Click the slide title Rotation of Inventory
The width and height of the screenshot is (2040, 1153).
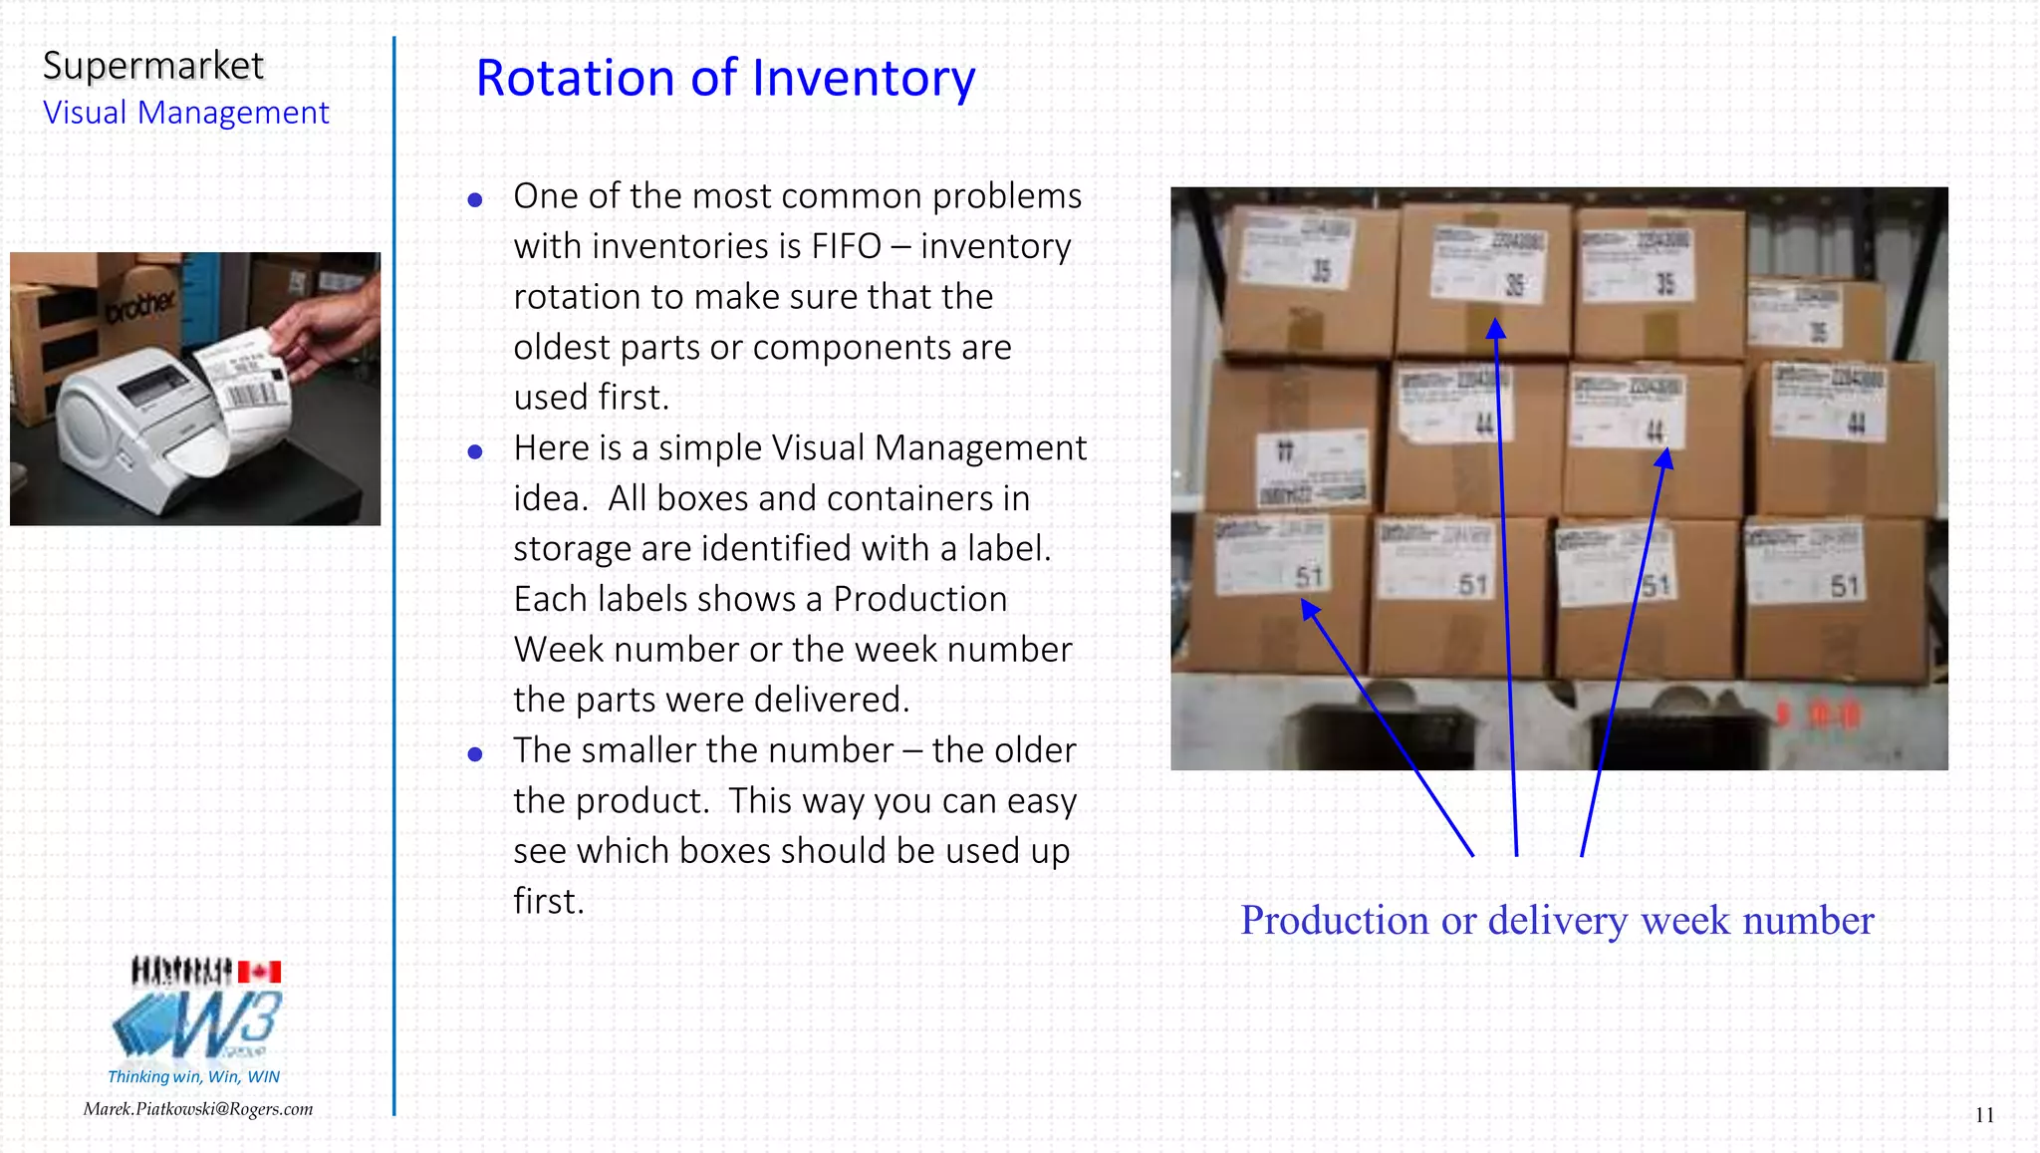tap(725, 78)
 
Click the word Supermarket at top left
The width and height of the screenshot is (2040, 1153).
tap(153, 66)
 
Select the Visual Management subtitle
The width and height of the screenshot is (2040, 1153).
tap(185, 113)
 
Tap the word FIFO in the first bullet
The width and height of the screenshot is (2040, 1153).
tap(846, 246)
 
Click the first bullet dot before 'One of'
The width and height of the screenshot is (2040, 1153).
tap(475, 200)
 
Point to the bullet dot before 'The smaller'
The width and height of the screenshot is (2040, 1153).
tap(475, 754)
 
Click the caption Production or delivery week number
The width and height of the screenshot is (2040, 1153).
tap(1557, 920)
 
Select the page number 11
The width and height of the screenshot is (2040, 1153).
tap(1984, 1115)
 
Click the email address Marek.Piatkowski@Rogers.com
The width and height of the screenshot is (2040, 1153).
tap(198, 1109)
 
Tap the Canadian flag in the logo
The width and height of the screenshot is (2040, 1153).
tap(259, 972)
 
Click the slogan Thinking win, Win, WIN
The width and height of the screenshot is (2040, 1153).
tap(193, 1076)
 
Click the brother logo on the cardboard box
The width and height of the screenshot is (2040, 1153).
tap(141, 305)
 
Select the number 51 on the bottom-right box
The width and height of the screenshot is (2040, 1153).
tap(1845, 586)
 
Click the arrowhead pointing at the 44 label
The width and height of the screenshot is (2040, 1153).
tap(1665, 458)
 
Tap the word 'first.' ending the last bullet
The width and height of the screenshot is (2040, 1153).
tap(549, 902)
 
